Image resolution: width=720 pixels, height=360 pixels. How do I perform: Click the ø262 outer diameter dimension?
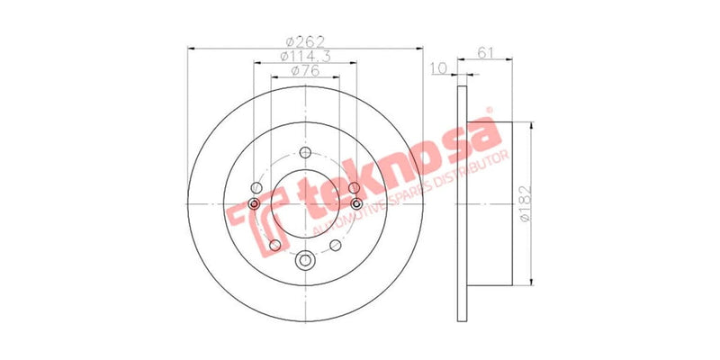coord(304,41)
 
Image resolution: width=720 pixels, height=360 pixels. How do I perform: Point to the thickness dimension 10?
coord(439,68)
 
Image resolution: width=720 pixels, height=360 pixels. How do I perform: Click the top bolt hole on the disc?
coord(304,153)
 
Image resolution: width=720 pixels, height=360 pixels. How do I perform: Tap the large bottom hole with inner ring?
coord(304,261)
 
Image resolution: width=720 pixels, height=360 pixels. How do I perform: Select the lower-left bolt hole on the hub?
coord(274,245)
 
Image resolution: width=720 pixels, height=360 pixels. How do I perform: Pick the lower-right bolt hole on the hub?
coord(335,245)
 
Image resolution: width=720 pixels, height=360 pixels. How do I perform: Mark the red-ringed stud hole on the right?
coord(357,205)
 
